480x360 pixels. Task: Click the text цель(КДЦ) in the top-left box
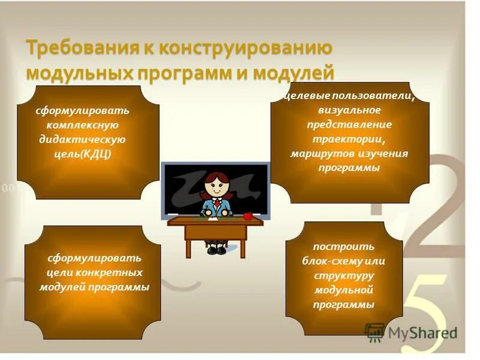tap(82, 154)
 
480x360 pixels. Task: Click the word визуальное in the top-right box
tap(350, 110)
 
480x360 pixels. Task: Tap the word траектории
tap(350, 139)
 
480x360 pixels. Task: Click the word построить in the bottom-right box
tap(344, 247)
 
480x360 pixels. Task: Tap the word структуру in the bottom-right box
tap(344, 275)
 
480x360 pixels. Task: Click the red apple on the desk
tap(247, 215)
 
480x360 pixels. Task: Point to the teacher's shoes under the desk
tap(215, 249)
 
